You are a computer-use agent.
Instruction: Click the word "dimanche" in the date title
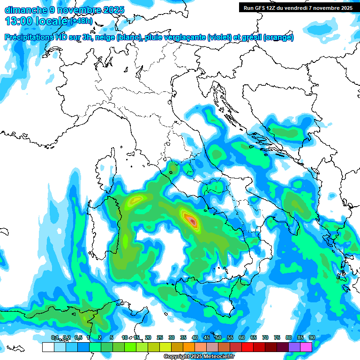(24, 9)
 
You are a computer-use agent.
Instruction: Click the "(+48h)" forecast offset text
(81, 21)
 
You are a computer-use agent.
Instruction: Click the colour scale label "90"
(312, 337)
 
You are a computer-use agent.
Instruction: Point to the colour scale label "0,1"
(54, 337)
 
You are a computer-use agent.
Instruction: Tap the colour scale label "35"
(183, 337)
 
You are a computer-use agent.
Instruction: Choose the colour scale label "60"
(242, 337)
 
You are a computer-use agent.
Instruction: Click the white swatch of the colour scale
(48, 347)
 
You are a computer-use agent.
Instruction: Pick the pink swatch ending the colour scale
(306, 347)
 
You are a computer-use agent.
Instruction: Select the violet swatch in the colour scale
(294, 347)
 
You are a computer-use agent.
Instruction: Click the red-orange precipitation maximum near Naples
(191, 219)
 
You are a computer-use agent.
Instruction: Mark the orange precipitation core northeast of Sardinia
(136, 201)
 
